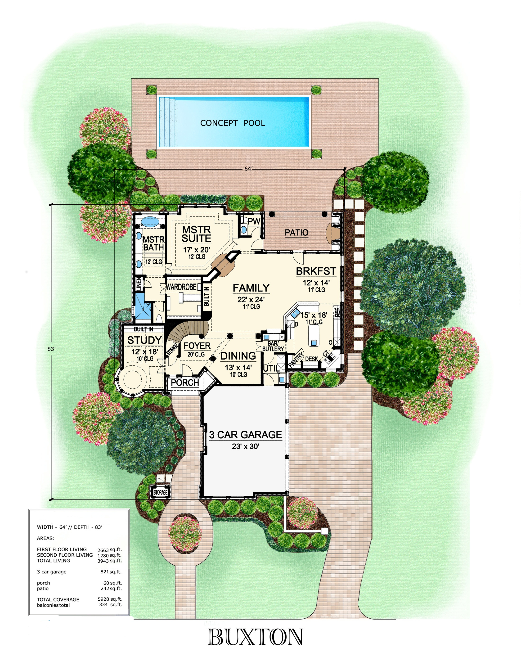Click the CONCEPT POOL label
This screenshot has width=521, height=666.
click(232, 123)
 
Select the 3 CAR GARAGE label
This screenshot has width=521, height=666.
click(246, 435)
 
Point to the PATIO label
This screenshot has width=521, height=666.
click(296, 233)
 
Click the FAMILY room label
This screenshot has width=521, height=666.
click(251, 288)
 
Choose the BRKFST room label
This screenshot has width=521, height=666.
click(316, 271)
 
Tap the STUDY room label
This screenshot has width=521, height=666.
click(144, 340)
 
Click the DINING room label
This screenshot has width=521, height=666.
click(238, 356)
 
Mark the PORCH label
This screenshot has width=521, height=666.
click(185, 382)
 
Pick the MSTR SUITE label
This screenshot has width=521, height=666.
click(197, 234)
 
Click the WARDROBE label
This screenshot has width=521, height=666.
click(181, 287)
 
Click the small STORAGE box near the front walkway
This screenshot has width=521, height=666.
click(160, 492)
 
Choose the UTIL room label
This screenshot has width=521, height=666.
click(271, 368)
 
